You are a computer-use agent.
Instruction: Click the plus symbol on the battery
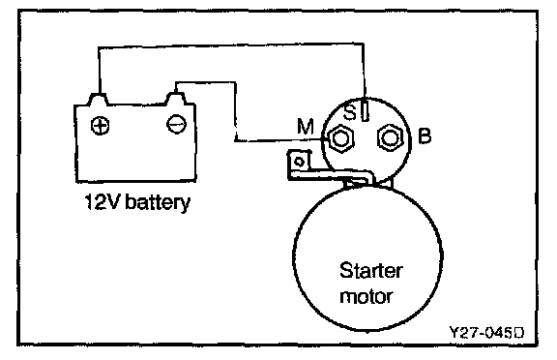(x=101, y=126)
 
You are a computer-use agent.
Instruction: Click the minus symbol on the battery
(x=176, y=124)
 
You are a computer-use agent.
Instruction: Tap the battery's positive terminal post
(x=98, y=99)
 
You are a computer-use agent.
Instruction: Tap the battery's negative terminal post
(x=176, y=99)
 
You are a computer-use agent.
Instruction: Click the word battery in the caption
(x=159, y=202)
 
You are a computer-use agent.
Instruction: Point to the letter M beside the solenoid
(x=306, y=126)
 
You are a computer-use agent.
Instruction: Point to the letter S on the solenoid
(x=350, y=112)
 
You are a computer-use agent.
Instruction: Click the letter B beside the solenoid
(x=425, y=135)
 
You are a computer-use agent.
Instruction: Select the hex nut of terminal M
(x=341, y=138)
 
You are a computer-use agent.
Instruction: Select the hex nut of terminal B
(x=391, y=137)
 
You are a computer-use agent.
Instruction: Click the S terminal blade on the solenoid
(x=366, y=109)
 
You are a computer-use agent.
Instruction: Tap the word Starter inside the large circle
(x=371, y=271)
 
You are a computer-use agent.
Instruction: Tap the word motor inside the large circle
(x=366, y=296)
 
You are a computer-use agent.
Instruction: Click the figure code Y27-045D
(x=486, y=333)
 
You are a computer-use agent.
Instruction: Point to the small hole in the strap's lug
(x=300, y=162)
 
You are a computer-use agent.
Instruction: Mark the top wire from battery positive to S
(x=231, y=45)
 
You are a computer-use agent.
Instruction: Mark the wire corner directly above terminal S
(x=363, y=45)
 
